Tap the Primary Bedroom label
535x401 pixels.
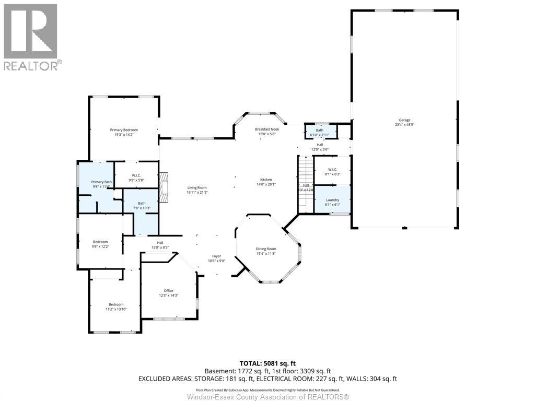point(124,129)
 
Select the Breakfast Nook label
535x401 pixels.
point(267,129)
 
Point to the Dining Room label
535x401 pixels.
point(266,249)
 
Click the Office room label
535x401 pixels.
point(168,291)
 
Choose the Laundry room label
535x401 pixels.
point(333,200)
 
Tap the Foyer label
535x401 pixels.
point(216,256)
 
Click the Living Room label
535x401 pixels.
point(197,187)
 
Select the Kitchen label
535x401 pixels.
point(266,180)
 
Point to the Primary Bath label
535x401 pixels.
point(101,182)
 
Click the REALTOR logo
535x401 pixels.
point(31,37)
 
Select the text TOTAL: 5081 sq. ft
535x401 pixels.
point(267,363)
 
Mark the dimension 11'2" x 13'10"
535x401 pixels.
point(116,309)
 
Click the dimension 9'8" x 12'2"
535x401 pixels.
point(100,246)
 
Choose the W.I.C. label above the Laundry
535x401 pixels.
point(333,169)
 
